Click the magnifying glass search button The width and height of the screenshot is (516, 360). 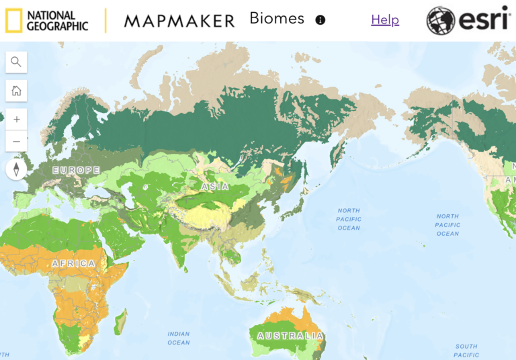[x=16, y=62]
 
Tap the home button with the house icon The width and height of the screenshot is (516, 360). [x=16, y=91]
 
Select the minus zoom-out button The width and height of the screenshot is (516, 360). [x=16, y=141]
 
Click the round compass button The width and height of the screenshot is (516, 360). [x=16, y=169]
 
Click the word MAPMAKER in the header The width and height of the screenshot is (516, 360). [x=179, y=21]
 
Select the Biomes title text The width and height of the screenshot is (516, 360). [x=277, y=19]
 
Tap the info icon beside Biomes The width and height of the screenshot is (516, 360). [x=320, y=20]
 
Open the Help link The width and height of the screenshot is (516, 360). [x=385, y=20]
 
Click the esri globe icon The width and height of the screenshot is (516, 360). [x=441, y=21]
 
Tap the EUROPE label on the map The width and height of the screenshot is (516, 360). [x=76, y=171]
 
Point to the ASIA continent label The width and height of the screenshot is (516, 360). [x=215, y=186]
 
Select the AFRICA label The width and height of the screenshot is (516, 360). [x=74, y=264]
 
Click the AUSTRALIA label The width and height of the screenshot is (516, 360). [x=290, y=335]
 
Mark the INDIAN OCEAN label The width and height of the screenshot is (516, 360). [x=179, y=338]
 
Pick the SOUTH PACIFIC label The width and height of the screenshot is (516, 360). [x=466, y=350]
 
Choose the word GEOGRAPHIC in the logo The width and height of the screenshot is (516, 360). [x=58, y=26]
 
